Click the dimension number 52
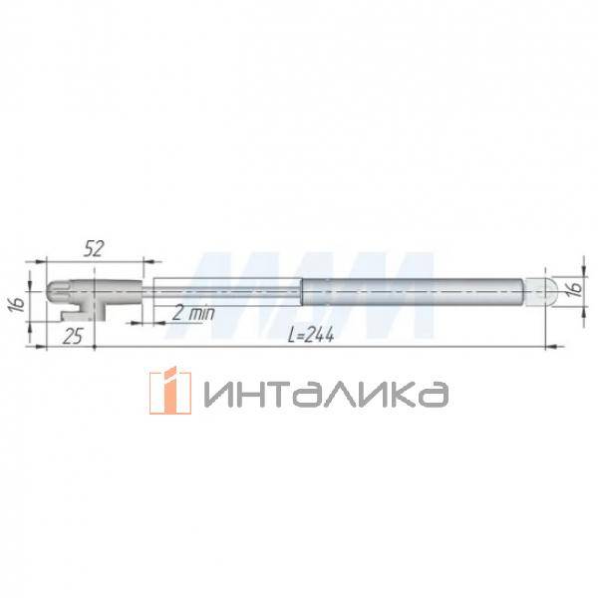94,249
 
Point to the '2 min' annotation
191,313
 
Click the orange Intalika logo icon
169,390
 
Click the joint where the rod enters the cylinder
302,290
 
